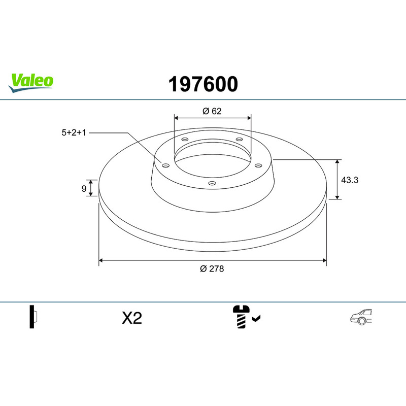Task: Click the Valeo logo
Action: point(31,83)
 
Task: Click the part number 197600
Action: point(203,84)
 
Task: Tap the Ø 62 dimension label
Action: point(212,111)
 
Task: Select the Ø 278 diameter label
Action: point(212,269)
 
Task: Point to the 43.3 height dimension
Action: point(350,180)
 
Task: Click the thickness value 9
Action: point(84,188)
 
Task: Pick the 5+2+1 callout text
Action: point(74,132)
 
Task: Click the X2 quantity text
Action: point(132,318)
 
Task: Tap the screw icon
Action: point(241,317)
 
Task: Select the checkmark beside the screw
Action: point(256,319)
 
